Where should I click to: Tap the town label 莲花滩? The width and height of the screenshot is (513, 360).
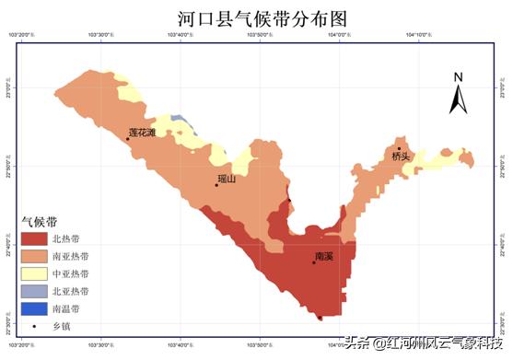click(x=142, y=133)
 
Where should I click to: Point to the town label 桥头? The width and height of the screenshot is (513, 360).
click(x=400, y=157)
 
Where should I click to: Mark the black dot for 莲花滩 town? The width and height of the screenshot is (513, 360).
click(x=128, y=139)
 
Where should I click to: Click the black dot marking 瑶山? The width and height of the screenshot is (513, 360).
click(x=216, y=185)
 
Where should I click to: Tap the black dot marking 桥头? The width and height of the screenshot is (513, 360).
click(x=399, y=148)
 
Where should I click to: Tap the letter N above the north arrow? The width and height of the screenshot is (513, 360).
click(x=458, y=77)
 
